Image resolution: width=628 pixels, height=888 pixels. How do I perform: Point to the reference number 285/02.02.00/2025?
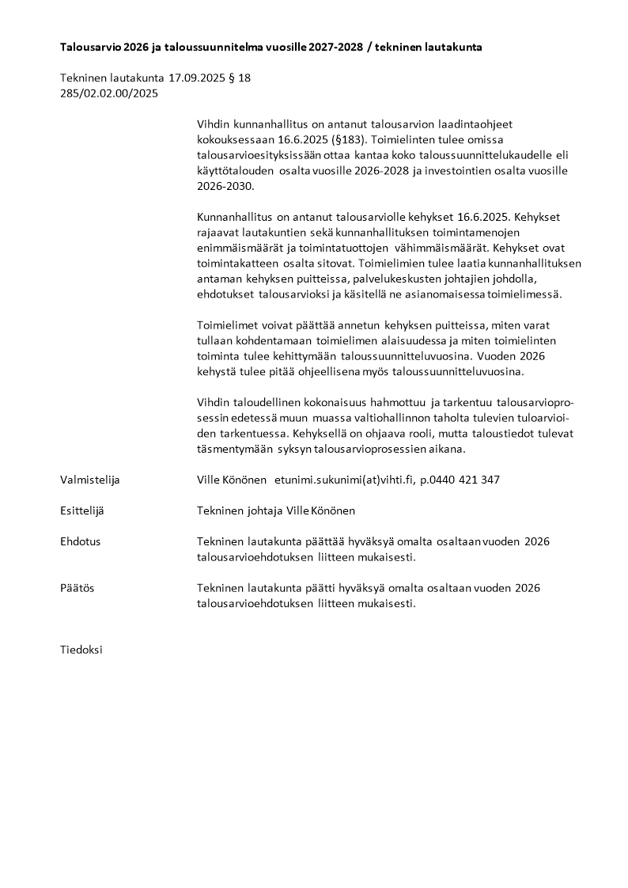coord(109,93)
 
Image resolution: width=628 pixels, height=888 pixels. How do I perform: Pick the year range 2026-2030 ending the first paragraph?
coord(228,185)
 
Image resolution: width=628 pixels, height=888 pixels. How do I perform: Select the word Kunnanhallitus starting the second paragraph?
coord(233,217)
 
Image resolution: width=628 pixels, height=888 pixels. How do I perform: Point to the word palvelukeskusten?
coord(381,278)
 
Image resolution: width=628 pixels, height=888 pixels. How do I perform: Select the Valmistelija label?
coord(90,480)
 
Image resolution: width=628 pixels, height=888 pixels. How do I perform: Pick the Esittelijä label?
coord(82,510)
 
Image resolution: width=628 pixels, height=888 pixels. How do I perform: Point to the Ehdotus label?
coord(81,541)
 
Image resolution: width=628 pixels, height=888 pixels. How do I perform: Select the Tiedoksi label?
coord(81,650)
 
